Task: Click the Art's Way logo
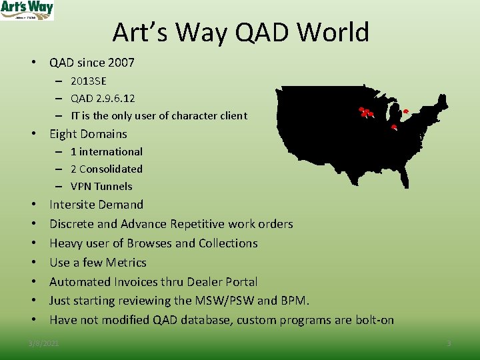(x=27, y=10)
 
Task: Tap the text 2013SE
(x=88, y=81)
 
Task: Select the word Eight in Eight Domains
(x=63, y=134)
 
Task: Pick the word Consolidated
(x=111, y=169)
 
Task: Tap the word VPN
(x=82, y=186)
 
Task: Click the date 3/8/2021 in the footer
(x=43, y=343)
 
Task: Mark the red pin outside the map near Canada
(x=405, y=110)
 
